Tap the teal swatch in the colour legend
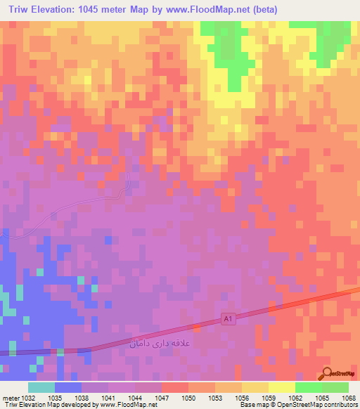pyautogui.click(x=41, y=387)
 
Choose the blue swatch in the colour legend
pyautogui.click(x=68, y=387)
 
